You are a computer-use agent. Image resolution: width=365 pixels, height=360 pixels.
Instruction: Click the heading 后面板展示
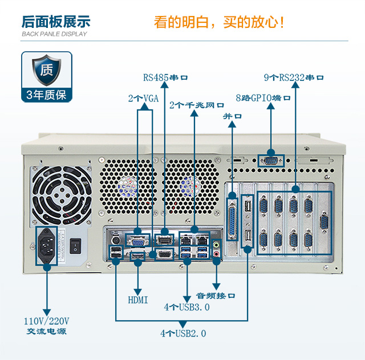click(x=56, y=22)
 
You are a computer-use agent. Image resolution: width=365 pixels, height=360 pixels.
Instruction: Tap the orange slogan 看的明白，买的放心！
click(x=219, y=22)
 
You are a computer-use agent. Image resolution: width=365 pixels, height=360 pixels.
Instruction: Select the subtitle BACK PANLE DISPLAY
click(x=54, y=34)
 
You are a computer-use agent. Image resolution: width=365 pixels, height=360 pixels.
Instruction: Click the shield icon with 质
click(x=47, y=71)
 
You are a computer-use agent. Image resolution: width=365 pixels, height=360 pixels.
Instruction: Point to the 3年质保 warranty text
click(x=47, y=95)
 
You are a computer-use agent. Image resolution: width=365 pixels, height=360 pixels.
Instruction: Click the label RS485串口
click(x=165, y=77)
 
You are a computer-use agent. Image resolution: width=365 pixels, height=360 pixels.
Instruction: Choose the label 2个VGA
click(x=143, y=99)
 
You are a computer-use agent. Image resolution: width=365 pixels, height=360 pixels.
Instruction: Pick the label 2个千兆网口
click(x=197, y=105)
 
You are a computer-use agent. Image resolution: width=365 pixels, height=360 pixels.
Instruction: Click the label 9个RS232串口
click(x=294, y=77)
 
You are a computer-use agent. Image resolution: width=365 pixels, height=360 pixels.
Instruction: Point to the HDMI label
click(x=138, y=300)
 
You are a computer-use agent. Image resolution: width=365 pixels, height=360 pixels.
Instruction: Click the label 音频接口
click(x=216, y=296)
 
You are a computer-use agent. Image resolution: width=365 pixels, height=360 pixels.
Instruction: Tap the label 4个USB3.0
click(x=187, y=308)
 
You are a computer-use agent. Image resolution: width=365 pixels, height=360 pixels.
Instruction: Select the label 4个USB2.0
click(x=183, y=333)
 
